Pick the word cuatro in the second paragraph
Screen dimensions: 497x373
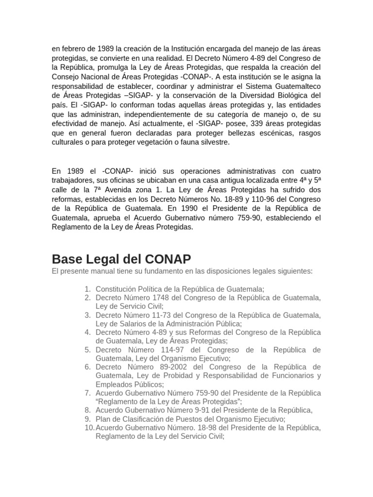point(308,171)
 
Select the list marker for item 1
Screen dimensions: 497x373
point(87,289)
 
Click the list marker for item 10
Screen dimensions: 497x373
point(89,428)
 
